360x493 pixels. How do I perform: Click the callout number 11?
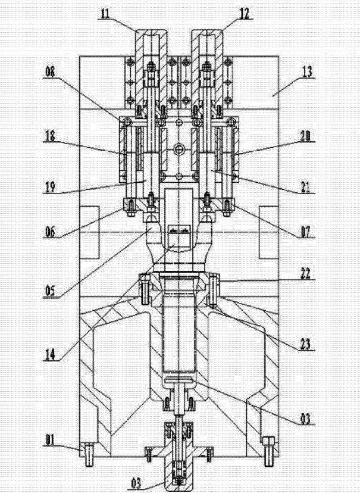tap(105, 14)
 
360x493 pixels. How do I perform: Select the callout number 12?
tap(244, 14)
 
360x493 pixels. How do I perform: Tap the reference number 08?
tap(50, 72)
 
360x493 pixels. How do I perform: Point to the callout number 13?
tap(307, 72)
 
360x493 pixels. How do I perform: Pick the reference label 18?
tap(50, 136)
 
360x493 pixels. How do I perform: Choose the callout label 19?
tap(50, 188)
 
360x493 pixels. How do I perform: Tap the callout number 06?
tap(50, 232)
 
